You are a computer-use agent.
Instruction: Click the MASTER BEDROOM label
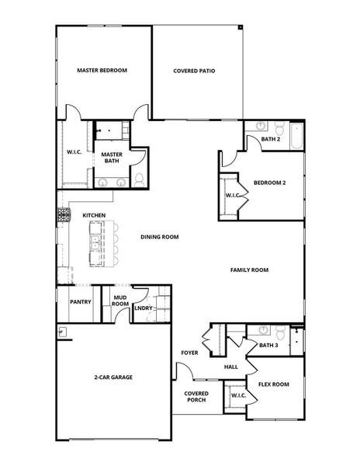click(102, 70)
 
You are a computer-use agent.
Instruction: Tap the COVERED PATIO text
click(194, 70)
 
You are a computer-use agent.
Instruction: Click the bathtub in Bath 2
click(296, 136)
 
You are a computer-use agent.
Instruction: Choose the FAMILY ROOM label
click(249, 270)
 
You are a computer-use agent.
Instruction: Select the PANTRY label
click(81, 302)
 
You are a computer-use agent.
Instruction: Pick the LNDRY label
click(144, 308)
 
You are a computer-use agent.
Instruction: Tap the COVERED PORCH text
click(196, 397)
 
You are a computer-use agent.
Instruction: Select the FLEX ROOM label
click(274, 384)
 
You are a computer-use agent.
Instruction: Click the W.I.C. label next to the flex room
click(237, 396)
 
